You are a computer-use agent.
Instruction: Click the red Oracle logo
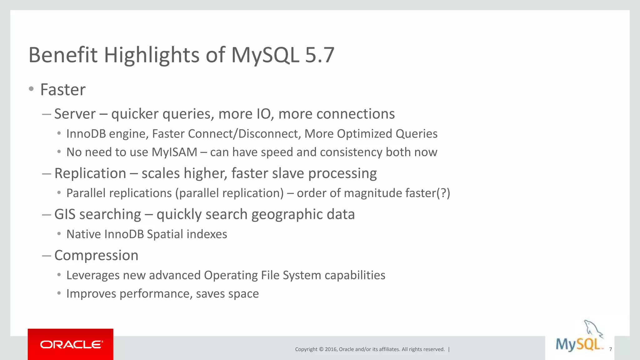[71, 344]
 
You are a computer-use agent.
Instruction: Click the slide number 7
[610, 349]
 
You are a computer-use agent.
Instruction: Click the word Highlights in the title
[152, 55]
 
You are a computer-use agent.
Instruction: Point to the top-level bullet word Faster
[63, 90]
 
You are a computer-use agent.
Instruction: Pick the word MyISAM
[174, 152]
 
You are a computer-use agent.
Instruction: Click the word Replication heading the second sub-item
[90, 173]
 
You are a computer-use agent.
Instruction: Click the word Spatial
[165, 234]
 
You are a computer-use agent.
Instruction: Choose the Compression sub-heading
[96, 255]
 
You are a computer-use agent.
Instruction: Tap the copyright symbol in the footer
[321, 349]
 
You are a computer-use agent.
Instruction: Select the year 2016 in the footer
[331, 349]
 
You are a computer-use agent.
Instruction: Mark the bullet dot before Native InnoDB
[59, 234]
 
